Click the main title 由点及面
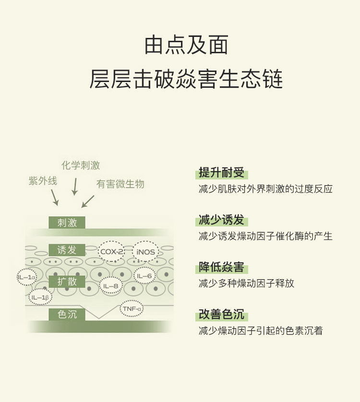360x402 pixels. (x=186, y=46)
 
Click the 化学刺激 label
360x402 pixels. (x=81, y=166)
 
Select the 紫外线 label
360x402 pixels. (x=43, y=181)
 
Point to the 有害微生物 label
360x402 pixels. (x=120, y=184)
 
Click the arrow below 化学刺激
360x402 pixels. (x=74, y=186)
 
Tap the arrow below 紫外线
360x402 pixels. (x=54, y=197)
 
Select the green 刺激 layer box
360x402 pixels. (x=67, y=223)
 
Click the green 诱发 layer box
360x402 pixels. (x=67, y=250)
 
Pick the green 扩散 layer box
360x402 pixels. (x=67, y=282)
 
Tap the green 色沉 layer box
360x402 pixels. (x=67, y=315)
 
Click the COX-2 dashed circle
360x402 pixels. (x=111, y=251)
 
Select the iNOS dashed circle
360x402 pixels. (x=145, y=251)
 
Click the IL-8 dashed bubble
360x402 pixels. (x=111, y=286)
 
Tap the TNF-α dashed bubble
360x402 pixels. (x=132, y=308)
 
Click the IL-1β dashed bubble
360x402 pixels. (x=40, y=297)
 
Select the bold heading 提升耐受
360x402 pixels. (x=221, y=173)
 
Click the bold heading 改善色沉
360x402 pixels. (x=221, y=315)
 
